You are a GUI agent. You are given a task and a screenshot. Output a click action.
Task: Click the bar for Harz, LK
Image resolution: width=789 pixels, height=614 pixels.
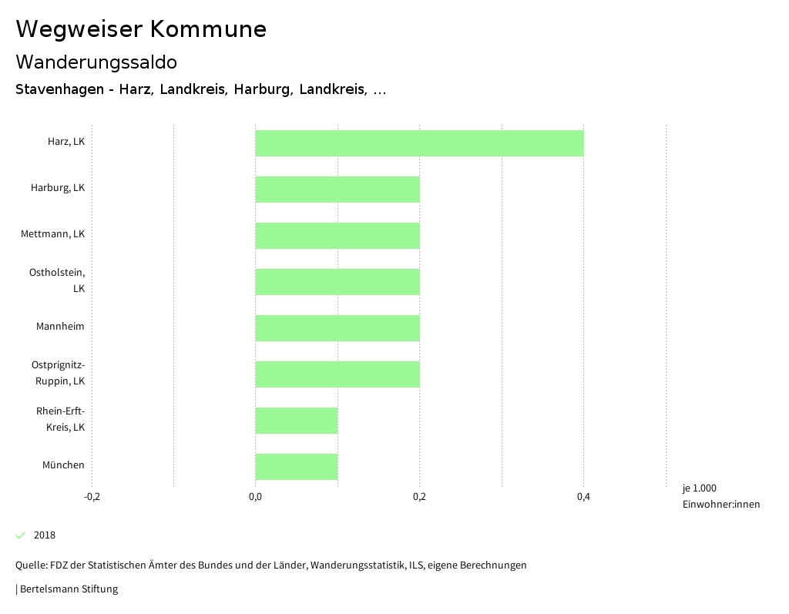419,143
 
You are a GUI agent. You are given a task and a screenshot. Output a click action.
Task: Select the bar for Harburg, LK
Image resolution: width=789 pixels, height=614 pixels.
337,190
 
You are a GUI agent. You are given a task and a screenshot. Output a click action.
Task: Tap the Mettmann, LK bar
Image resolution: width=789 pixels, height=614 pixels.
337,236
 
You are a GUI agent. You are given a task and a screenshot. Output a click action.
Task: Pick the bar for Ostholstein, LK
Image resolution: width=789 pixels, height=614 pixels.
337,282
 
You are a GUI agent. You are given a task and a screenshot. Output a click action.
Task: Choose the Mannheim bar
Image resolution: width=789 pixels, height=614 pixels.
337,328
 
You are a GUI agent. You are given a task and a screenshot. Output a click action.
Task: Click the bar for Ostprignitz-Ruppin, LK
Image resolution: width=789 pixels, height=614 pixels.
337,374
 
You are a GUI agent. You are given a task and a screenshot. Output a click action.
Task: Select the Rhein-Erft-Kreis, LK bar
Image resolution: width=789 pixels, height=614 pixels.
297,421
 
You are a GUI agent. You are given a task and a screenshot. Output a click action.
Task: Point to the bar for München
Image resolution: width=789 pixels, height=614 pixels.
297,467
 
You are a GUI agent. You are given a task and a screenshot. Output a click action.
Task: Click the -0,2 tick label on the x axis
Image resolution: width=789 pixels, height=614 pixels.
92,497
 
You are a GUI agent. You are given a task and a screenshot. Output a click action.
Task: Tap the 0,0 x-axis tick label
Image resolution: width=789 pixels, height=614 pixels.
255,497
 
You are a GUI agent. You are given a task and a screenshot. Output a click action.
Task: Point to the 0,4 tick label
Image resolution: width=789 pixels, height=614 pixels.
583,497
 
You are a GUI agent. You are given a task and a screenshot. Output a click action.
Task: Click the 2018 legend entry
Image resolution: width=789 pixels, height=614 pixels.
44,535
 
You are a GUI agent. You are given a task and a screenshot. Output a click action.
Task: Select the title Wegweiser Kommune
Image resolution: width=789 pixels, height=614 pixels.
141,29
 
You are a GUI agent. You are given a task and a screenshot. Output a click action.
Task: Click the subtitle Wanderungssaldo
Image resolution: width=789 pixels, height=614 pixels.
96,62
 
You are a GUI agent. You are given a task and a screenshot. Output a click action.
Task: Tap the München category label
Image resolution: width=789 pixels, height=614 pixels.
63,465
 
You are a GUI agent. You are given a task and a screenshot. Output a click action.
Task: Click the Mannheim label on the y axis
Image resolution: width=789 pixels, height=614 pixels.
60,327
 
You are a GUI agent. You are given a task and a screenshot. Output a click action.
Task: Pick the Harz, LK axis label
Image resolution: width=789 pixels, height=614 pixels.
65,142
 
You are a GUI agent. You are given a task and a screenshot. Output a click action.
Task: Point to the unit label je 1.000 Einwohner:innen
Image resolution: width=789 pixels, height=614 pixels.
720,496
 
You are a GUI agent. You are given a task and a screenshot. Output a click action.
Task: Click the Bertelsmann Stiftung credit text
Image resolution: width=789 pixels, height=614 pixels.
69,589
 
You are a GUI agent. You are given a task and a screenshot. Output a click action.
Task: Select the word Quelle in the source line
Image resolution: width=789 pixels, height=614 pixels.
30,565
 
